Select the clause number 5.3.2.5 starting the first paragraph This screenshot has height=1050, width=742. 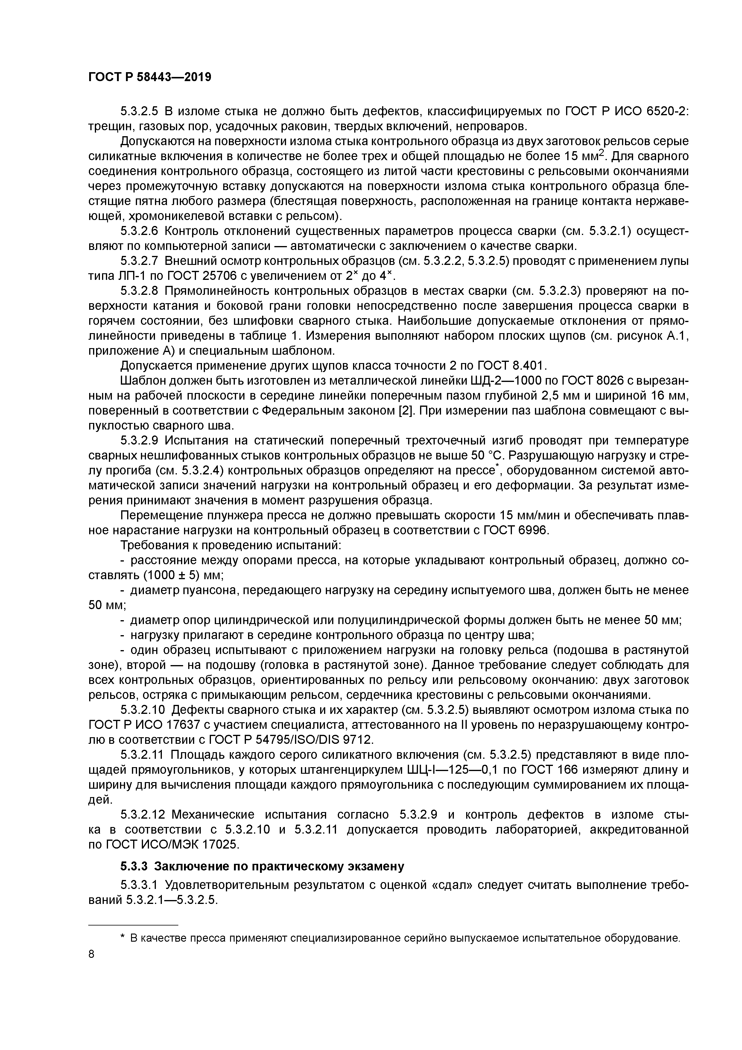coord(139,111)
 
